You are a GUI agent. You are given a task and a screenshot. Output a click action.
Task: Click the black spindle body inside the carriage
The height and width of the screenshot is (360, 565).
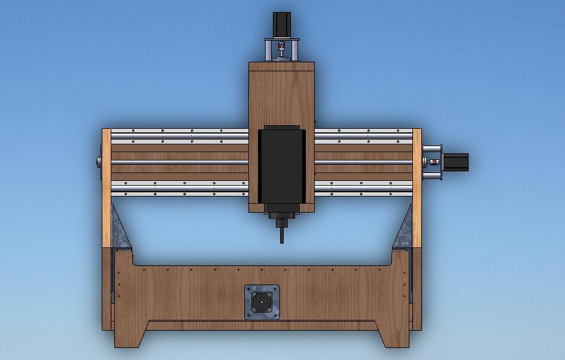point(281,168)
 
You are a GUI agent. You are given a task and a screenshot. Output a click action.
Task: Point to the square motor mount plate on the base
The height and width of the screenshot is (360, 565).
point(262,302)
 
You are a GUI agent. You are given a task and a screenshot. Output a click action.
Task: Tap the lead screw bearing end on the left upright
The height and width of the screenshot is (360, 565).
point(98,162)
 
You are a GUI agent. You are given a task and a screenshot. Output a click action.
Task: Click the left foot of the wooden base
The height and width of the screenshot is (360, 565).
point(129,335)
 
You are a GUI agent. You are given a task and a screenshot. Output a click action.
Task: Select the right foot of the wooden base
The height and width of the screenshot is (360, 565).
point(395,335)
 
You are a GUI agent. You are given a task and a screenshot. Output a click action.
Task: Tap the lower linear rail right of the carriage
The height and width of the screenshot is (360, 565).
point(362,190)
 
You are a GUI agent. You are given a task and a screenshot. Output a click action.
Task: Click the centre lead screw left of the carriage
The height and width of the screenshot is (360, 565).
point(180,162)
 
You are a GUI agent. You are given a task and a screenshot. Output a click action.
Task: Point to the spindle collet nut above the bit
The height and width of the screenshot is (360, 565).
point(281,216)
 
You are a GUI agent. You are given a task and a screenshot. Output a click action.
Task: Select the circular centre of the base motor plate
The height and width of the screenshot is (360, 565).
point(262,302)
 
